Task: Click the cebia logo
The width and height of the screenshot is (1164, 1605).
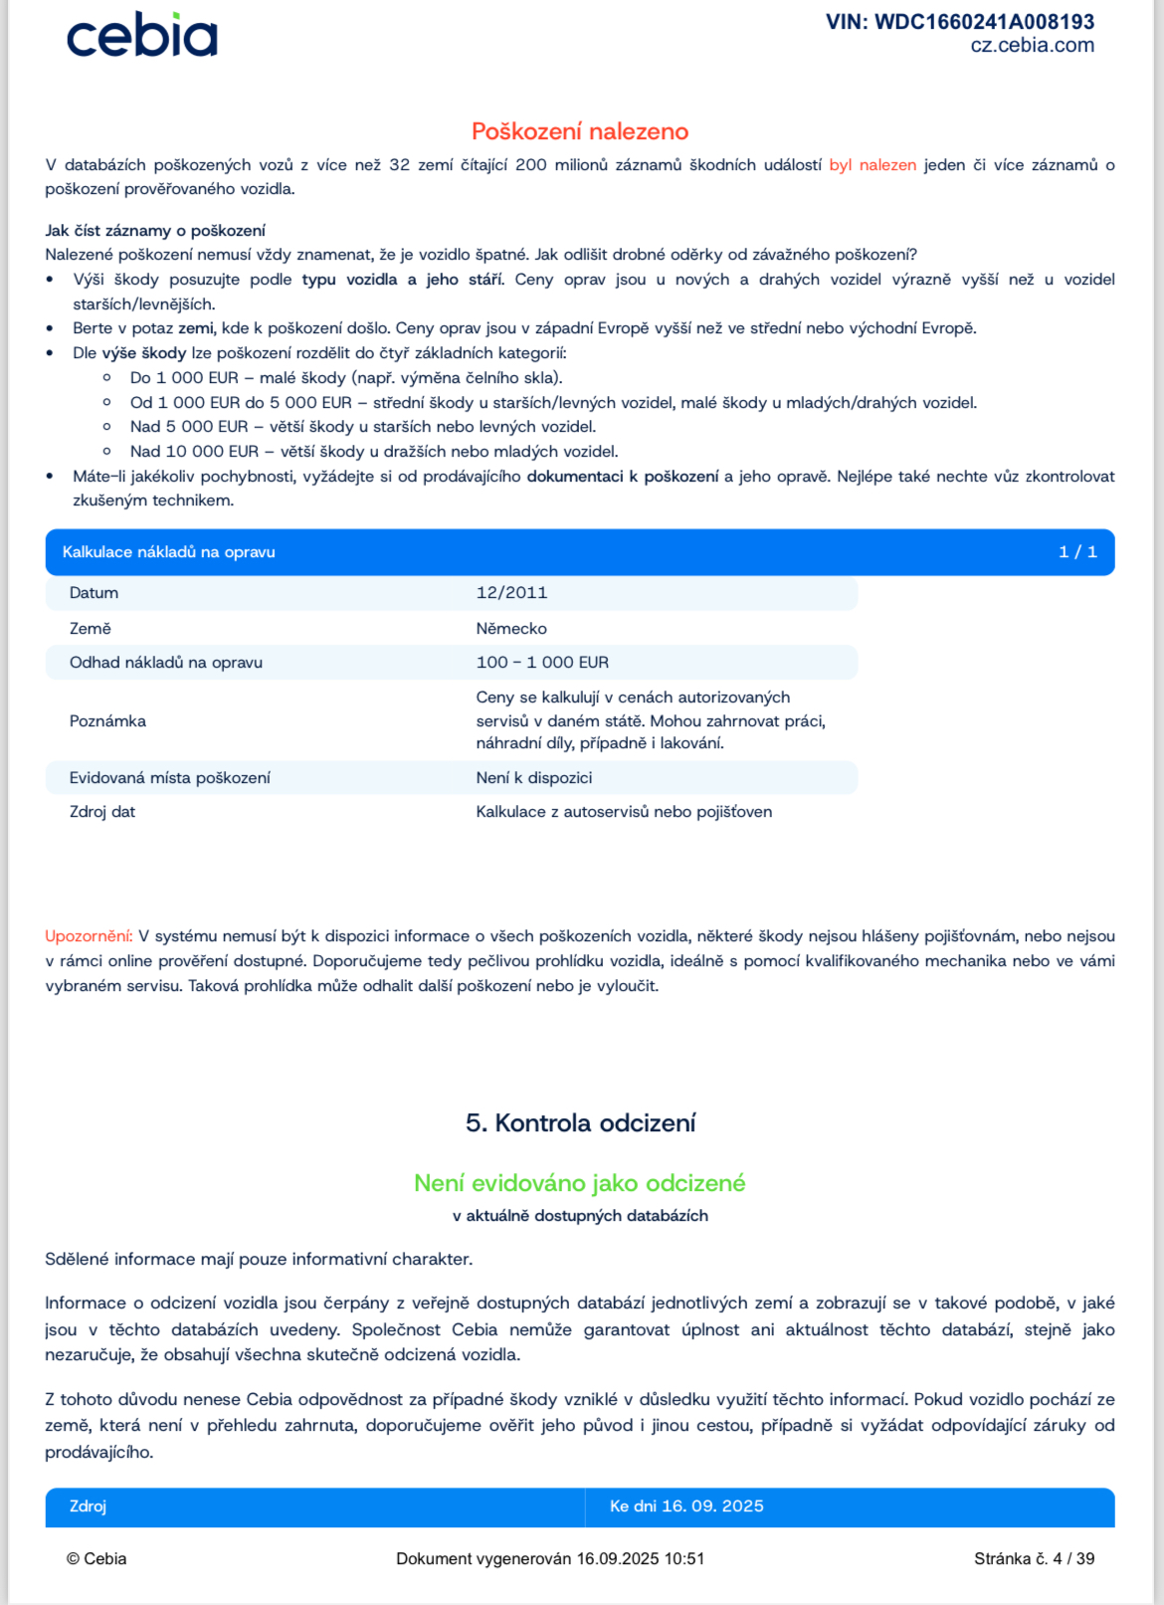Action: tap(141, 36)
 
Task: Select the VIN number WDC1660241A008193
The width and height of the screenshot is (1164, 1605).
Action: tap(959, 22)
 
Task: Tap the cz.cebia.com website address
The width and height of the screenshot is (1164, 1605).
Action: tap(1032, 46)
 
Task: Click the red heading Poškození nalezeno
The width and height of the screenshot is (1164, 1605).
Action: tap(580, 131)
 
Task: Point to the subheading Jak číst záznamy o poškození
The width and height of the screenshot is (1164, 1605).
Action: tap(155, 231)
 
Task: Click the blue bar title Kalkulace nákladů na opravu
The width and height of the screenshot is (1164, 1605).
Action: tap(169, 552)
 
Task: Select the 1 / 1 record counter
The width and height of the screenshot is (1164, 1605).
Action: tap(1077, 552)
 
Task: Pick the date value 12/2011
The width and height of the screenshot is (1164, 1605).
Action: tap(511, 593)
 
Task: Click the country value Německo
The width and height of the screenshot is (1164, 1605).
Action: tap(511, 629)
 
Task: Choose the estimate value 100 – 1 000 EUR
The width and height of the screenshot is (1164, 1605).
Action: tap(542, 663)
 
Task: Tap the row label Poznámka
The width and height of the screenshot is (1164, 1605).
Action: tap(107, 721)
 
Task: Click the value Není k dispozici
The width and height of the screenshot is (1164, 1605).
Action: tap(534, 778)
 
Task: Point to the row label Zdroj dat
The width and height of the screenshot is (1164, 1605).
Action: tap(102, 812)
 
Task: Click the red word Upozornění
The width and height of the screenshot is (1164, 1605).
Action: tap(89, 936)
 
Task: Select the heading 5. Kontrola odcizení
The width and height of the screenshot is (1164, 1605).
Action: tap(580, 1123)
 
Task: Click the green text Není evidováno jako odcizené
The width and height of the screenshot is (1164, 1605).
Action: tap(580, 1183)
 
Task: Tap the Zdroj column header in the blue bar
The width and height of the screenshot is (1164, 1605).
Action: tap(88, 1506)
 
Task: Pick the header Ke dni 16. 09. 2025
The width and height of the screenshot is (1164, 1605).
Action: tap(686, 1506)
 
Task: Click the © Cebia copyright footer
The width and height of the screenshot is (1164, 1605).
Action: tap(97, 1559)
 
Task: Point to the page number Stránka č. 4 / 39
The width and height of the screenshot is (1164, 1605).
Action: tap(1034, 1559)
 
